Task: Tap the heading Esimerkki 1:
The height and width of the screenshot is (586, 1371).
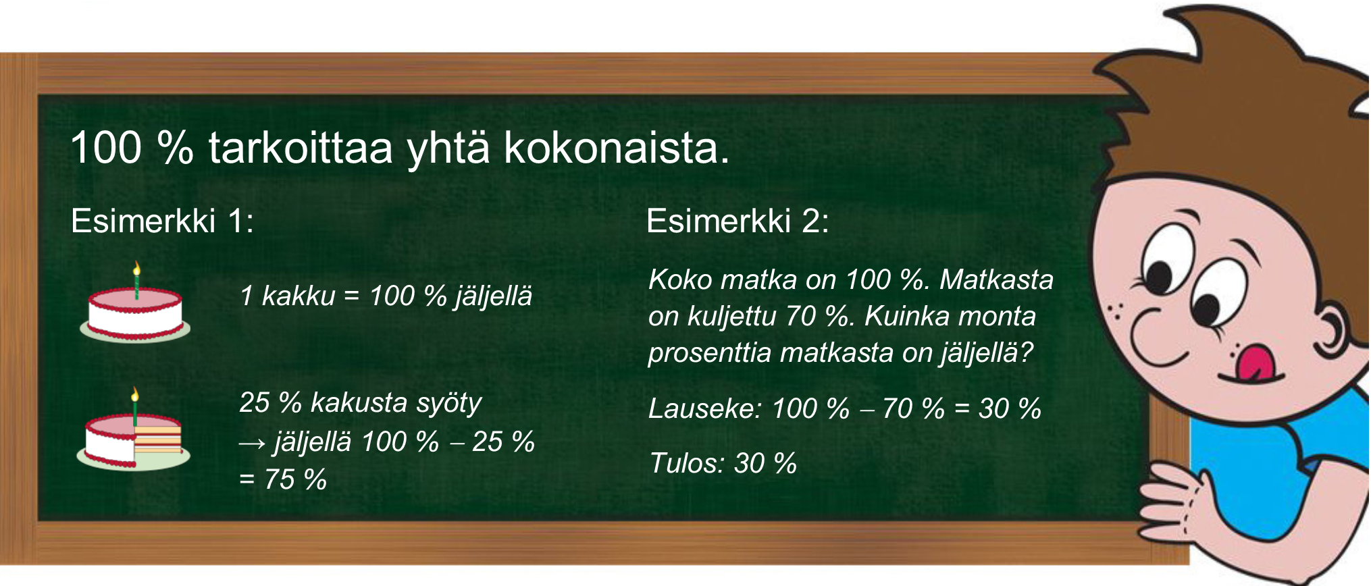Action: [162, 221]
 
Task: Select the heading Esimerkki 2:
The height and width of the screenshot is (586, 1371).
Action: [738, 221]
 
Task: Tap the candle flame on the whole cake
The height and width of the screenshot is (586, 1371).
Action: [136, 269]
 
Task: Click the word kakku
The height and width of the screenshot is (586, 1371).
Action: [299, 296]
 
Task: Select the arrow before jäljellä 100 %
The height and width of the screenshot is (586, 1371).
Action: [253, 443]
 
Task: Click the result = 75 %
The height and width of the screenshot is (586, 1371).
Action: [283, 479]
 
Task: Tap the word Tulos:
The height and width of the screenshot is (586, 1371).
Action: [688, 463]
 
